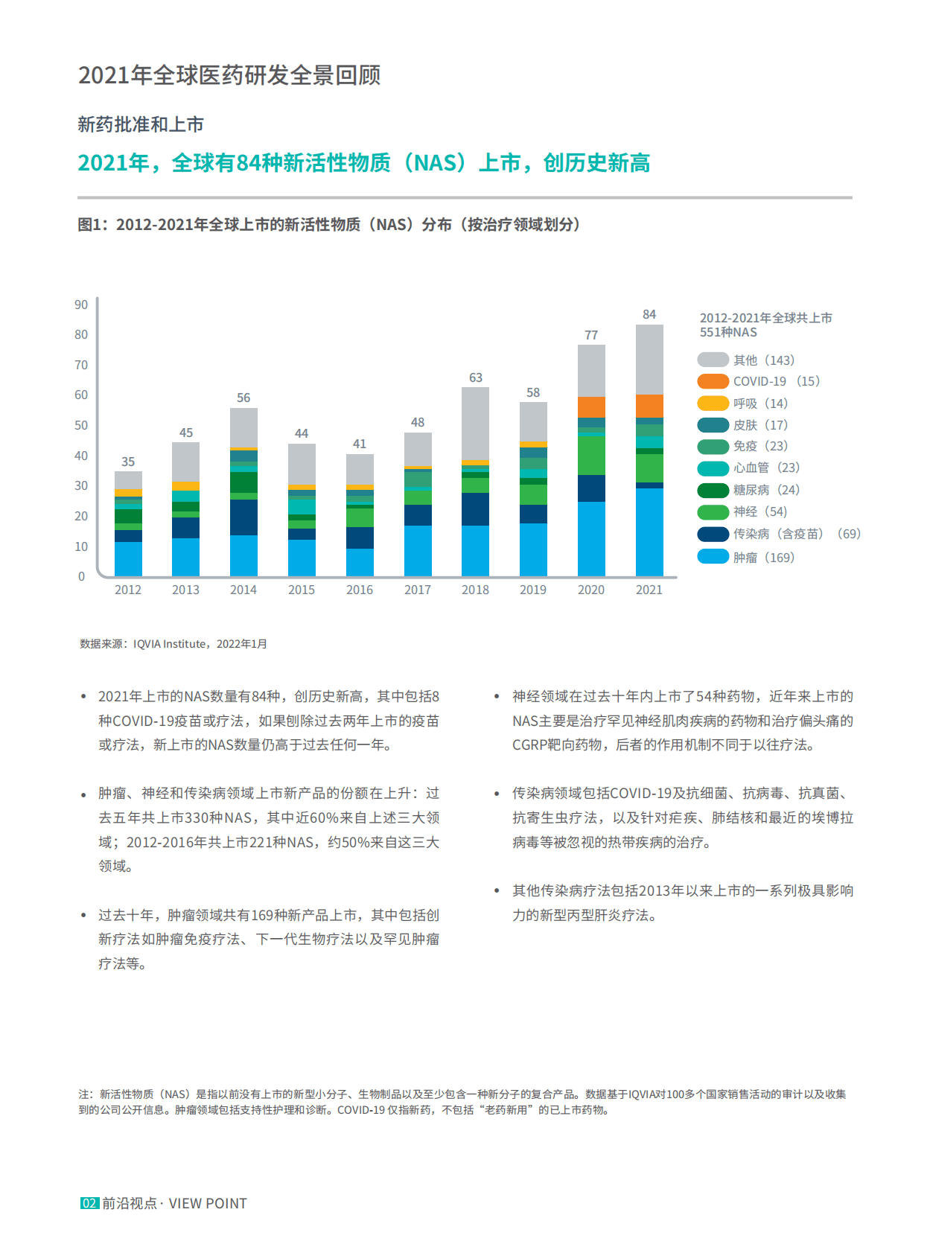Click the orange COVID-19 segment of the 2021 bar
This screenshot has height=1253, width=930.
click(649, 406)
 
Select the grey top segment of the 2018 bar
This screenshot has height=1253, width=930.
click(475, 423)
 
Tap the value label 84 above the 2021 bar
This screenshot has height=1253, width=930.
click(649, 314)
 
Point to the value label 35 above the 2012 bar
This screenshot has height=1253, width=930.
click(128, 462)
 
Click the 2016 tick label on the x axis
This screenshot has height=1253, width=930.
click(360, 590)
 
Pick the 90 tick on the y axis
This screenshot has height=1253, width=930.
click(81, 305)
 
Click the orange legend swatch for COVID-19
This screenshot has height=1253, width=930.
click(713, 381)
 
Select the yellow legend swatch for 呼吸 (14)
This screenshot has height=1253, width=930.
click(713, 404)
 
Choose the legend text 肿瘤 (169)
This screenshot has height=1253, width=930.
click(763, 558)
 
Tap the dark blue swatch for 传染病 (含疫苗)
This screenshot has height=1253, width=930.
click(713, 534)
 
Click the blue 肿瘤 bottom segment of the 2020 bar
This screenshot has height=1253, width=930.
click(591, 539)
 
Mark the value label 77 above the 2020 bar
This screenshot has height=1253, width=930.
click(591, 335)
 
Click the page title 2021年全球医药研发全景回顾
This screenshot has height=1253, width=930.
click(229, 75)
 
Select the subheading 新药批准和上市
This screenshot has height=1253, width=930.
click(141, 124)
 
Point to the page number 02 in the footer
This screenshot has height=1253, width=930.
click(89, 1203)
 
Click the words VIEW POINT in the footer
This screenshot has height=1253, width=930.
click(208, 1203)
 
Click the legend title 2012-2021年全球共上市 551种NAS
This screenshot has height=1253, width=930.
click(765, 325)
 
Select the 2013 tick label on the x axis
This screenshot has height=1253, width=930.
click(185, 590)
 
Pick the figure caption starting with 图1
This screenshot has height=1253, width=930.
click(329, 224)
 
